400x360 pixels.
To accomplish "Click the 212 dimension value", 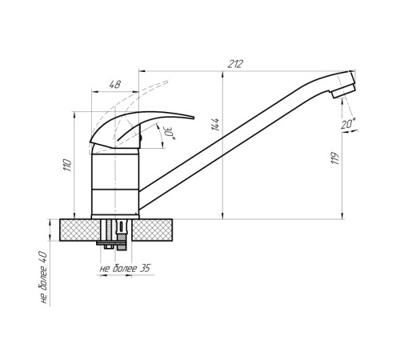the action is click(235, 64).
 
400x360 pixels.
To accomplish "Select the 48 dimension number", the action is click(115, 85).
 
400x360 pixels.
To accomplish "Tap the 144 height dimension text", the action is click(215, 125).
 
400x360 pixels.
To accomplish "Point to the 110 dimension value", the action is click(67, 165).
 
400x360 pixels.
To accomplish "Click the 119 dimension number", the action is click(334, 158).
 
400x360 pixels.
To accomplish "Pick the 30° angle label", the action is click(170, 133).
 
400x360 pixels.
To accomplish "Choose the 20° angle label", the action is click(348, 124).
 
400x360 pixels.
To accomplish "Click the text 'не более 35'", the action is click(125, 268).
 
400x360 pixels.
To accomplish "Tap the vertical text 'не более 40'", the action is click(44, 278).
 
